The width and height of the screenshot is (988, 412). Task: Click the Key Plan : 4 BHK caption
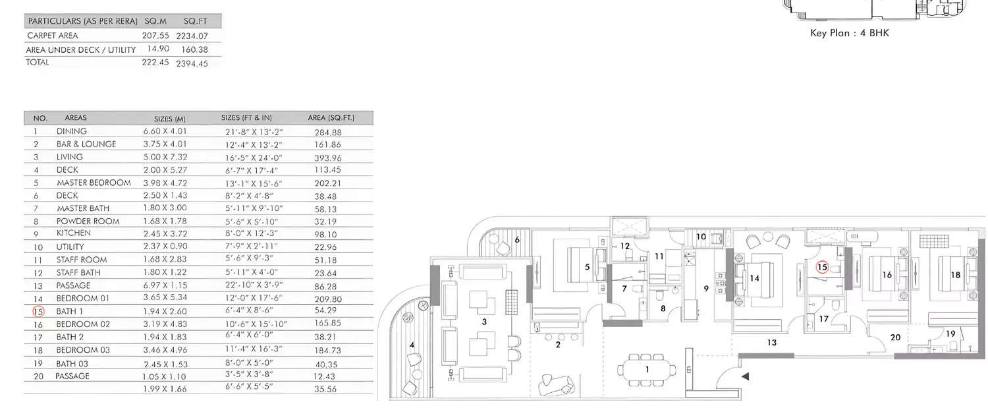click(x=849, y=32)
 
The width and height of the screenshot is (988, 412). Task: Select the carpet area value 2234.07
click(x=192, y=36)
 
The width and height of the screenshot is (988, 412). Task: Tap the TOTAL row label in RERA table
click(x=38, y=62)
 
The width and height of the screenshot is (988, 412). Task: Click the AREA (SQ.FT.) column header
click(x=331, y=118)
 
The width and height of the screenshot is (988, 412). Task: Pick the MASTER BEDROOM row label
click(x=94, y=183)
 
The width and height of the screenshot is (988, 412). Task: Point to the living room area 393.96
click(x=328, y=157)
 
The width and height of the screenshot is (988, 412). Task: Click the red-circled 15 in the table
click(x=38, y=311)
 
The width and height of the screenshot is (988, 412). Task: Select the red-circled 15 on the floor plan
click(x=821, y=267)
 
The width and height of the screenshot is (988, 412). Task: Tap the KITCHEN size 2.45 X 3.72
click(x=165, y=233)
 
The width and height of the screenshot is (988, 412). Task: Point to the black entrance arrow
click(x=745, y=376)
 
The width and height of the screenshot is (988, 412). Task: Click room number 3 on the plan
click(x=485, y=322)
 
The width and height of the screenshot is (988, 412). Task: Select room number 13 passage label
click(x=771, y=342)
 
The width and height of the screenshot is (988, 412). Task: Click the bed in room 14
click(x=757, y=277)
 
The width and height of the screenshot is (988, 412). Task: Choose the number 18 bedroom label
click(x=954, y=275)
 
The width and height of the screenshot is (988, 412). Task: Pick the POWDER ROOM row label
click(x=88, y=221)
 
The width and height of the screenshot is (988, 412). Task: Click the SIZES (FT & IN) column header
click(x=246, y=118)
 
